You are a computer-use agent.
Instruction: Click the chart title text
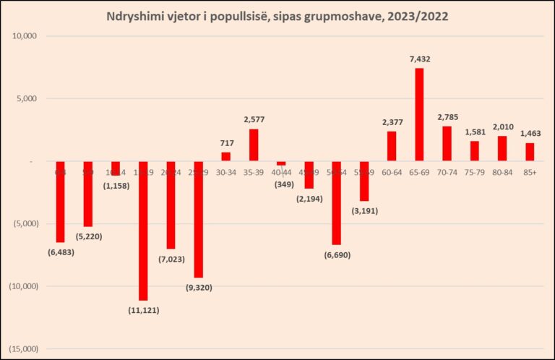click(x=277, y=16)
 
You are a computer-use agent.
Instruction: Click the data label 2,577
click(x=254, y=118)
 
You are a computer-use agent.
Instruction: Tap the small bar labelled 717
click(x=225, y=156)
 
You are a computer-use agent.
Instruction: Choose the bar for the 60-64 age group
click(x=392, y=146)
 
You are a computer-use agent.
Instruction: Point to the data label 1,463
click(x=530, y=133)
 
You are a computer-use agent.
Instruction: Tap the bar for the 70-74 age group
click(x=447, y=143)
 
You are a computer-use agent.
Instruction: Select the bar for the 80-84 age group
click(x=502, y=148)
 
